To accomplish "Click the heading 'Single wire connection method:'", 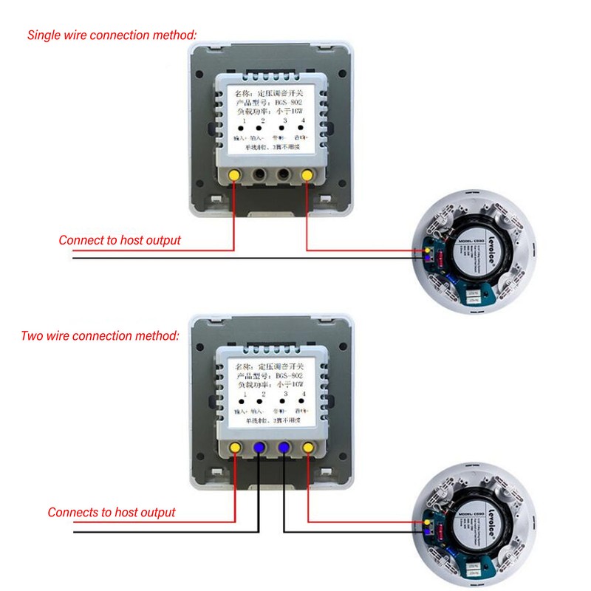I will point(112,35).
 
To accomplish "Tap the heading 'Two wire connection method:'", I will point(100,336).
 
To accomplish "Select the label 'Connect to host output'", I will point(120,240).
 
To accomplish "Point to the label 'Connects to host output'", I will point(112,512).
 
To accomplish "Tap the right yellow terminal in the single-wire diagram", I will point(306,175).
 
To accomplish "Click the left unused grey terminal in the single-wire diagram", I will point(259,175).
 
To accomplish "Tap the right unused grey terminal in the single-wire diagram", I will point(282,175).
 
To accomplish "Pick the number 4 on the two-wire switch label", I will point(304,394).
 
